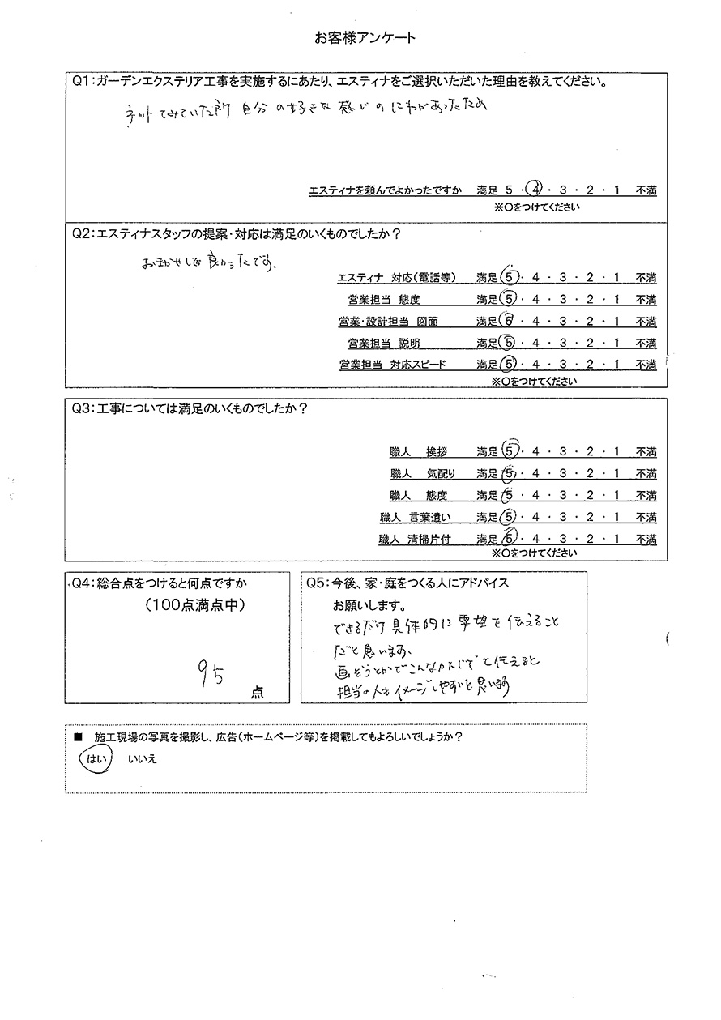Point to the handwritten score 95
point(210,673)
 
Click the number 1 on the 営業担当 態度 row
point(617,300)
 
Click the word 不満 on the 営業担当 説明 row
point(646,344)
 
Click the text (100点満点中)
point(194,604)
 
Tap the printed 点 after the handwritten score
point(257,693)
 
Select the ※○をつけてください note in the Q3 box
point(535,553)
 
